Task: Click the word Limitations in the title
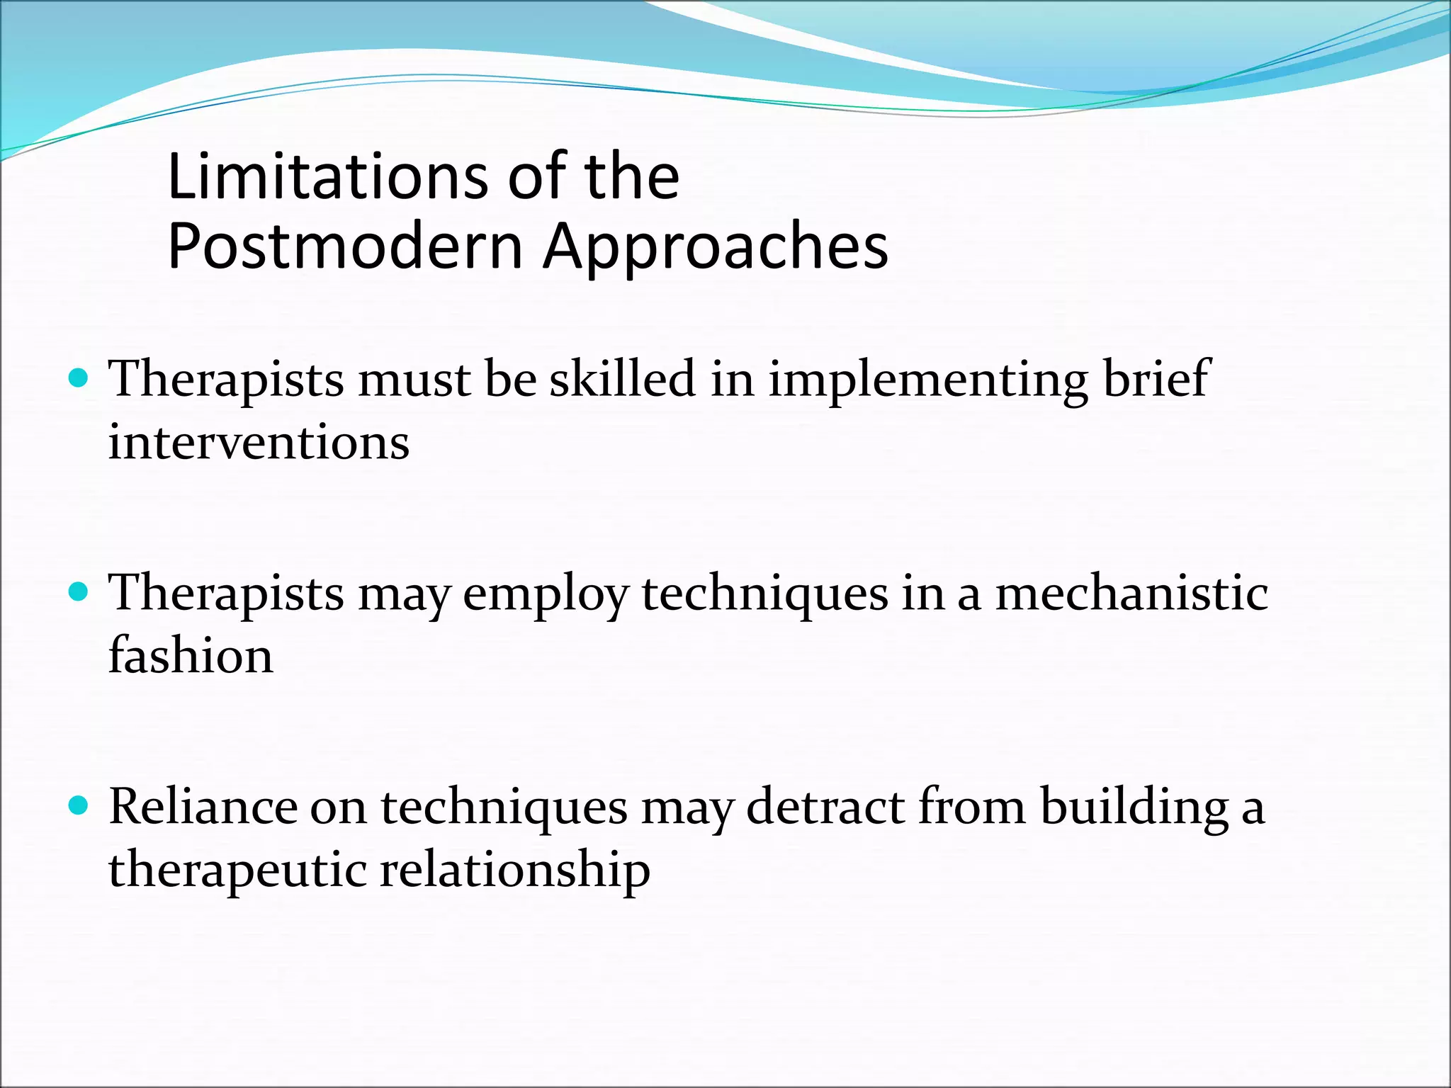(327, 176)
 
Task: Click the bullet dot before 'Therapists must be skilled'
(79, 378)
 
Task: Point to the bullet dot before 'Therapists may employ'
(79, 591)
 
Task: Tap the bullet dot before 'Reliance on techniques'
(79, 805)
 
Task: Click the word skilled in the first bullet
(623, 378)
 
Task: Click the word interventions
(259, 443)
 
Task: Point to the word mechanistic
(1131, 592)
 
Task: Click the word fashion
(191, 655)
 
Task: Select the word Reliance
(203, 807)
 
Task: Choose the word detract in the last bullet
(825, 807)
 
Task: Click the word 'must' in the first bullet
(414, 380)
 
